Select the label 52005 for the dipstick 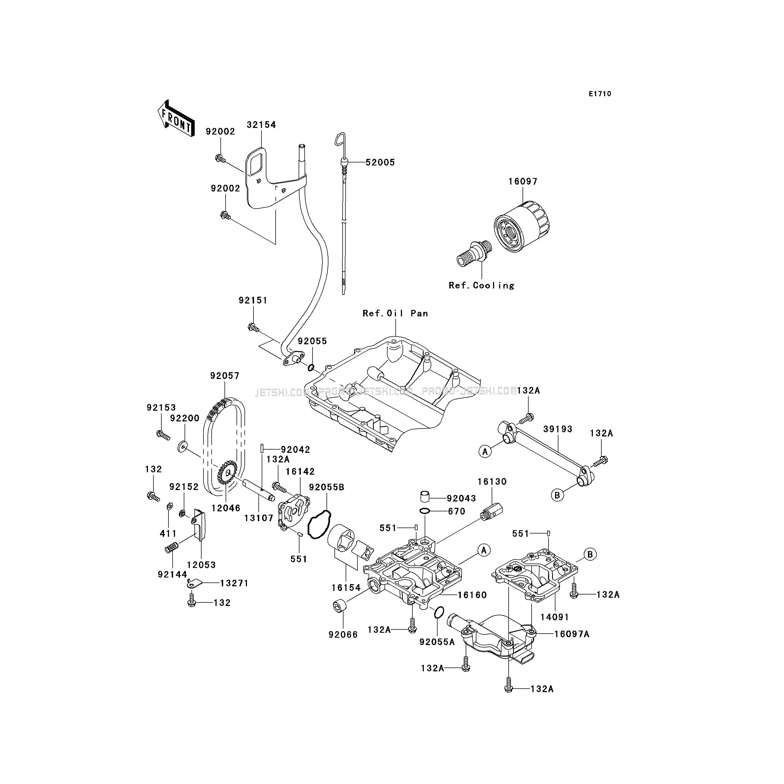point(380,162)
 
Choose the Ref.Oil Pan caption point(395,313)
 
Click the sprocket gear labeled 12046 point(227,473)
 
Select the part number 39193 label point(558,429)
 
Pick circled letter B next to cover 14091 point(590,554)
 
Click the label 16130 point(492,482)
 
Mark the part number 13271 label point(234,583)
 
